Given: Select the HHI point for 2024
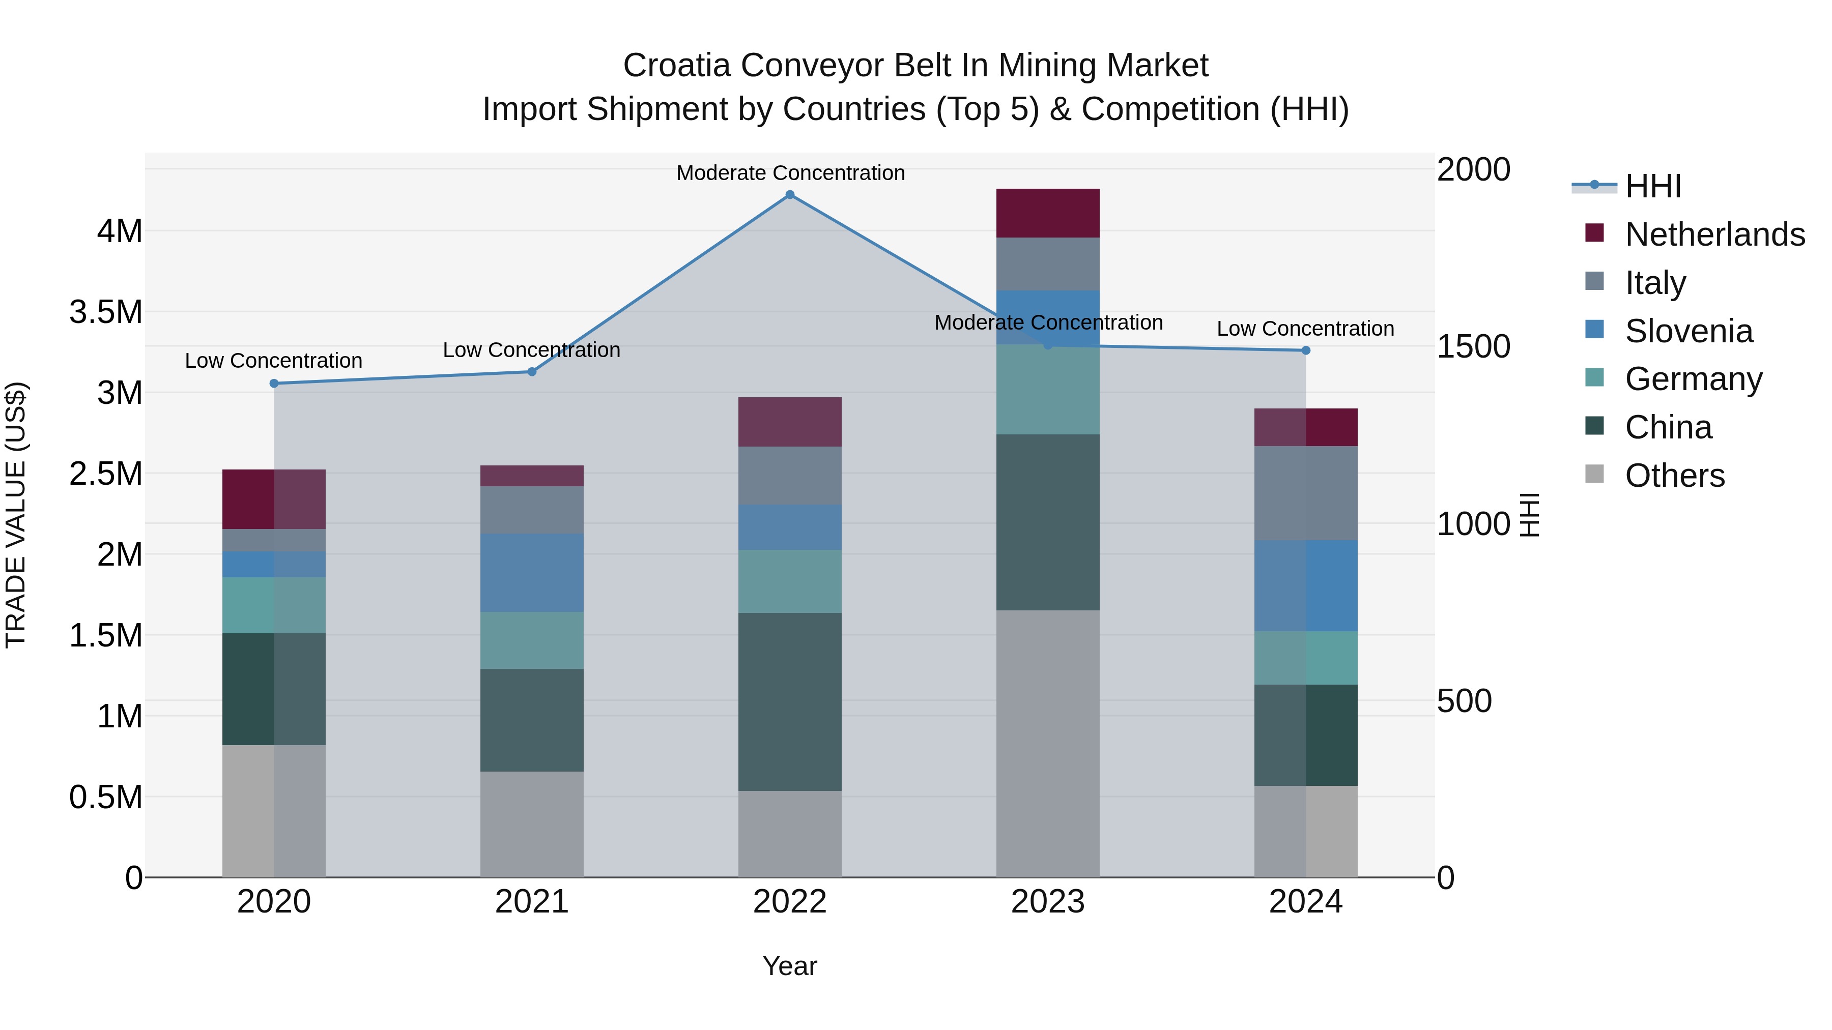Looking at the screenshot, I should tap(1306, 350).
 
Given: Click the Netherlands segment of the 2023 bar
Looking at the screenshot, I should tap(1048, 213).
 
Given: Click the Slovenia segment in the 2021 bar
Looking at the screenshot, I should tap(532, 572).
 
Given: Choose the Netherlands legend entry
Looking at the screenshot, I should tap(1714, 234).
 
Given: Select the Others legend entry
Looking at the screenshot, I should tap(1675, 476).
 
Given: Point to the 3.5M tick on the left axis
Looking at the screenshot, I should tap(106, 312).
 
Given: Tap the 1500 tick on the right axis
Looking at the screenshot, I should tap(1474, 347).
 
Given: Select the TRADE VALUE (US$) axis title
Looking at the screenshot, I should tap(16, 515).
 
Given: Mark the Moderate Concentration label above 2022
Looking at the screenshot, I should tap(790, 173).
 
